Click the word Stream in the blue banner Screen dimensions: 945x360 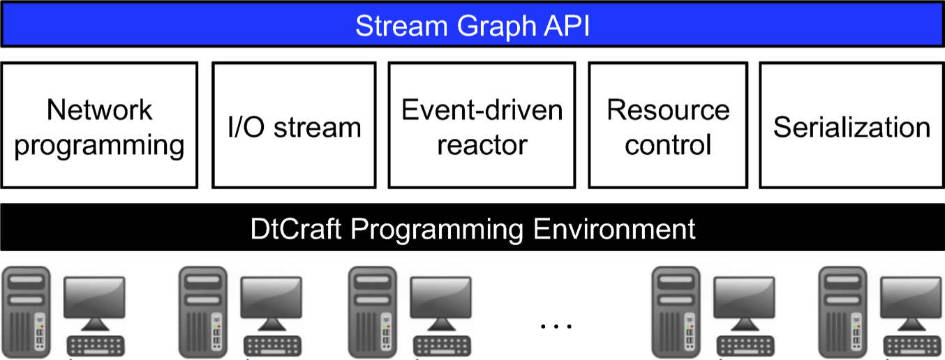pos(401,26)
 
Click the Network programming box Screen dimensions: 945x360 pos(99,125)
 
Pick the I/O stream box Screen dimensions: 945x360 pos(294,125)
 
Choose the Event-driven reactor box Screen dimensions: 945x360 pos(482,125)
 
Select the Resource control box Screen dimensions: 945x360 pos(668,125)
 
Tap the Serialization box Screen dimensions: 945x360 pos(851,125)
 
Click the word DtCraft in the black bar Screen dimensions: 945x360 pos(296,229)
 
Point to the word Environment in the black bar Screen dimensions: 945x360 pos(614,229)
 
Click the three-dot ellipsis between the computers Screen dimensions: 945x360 pos(556,326)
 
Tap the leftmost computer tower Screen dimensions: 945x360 pos(26,312)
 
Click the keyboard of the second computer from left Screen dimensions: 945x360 pos(272,345)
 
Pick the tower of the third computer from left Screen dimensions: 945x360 pos(373,312)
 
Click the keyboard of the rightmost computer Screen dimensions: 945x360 pos(912,345)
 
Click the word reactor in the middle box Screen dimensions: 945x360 pos(482,145)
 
